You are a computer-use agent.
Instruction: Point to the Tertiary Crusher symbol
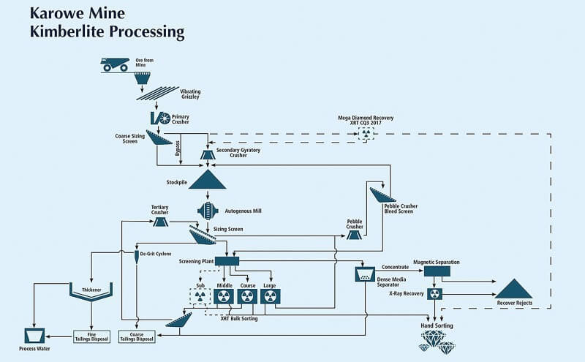click(161, 222)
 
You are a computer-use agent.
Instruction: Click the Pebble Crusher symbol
click(355, 236)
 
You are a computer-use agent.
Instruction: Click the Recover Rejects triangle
click(514, 288)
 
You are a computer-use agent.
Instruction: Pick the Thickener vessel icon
click(91, 292)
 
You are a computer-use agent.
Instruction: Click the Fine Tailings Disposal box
click(91, 336)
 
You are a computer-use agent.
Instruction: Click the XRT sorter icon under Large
click(270, 296)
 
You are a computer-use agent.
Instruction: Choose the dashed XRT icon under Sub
click(199, 296)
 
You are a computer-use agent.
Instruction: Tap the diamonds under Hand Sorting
click(437, 339)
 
